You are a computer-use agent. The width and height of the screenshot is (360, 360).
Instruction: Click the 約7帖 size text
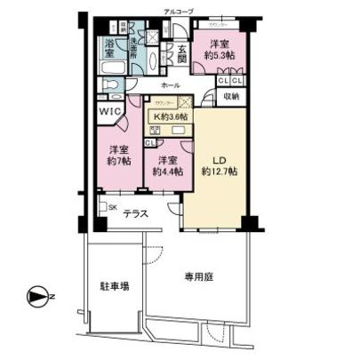[117, 164]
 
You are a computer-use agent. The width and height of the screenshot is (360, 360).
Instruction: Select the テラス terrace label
[135, 213]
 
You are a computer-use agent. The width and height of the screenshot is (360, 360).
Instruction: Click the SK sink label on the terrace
[110, 207]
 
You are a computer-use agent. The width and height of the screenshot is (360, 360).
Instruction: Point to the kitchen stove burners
[152, 130]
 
